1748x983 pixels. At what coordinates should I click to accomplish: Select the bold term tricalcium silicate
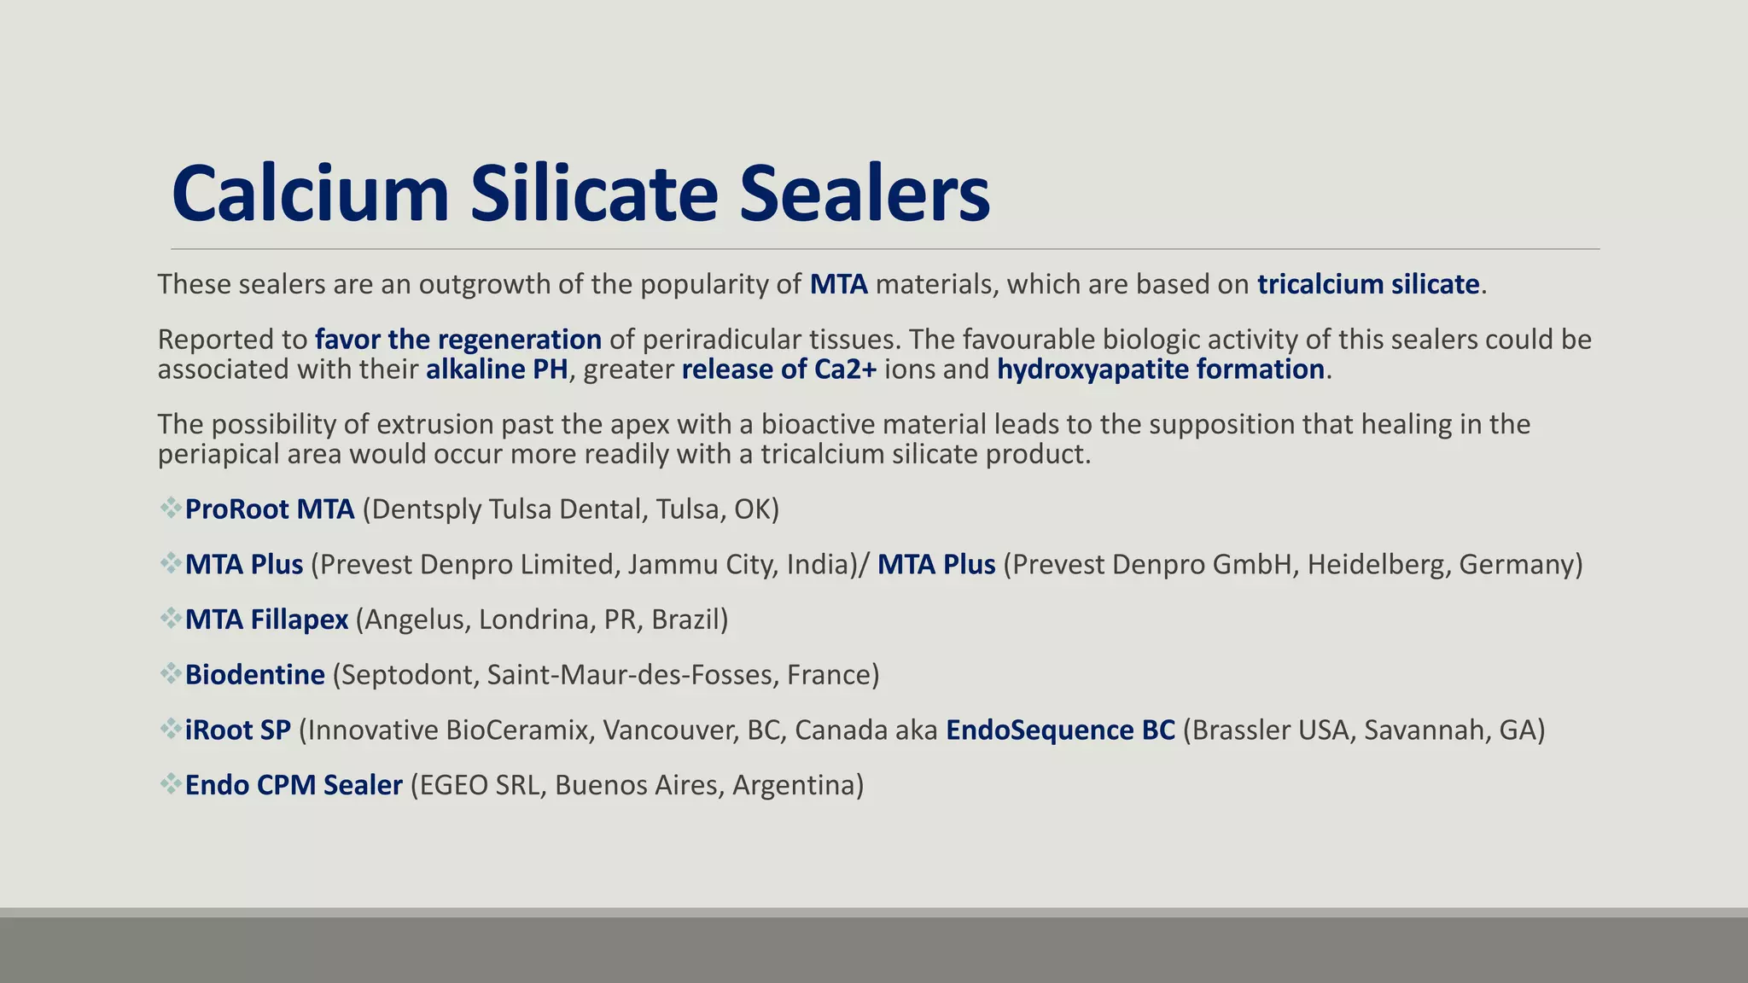click(x=1368, y=284)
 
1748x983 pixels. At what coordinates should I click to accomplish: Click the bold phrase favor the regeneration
click(x=458, y=340)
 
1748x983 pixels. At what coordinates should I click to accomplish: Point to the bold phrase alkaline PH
click(x=497, y=369)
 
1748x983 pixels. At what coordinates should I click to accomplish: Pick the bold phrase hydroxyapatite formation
click(x=1161, y=369)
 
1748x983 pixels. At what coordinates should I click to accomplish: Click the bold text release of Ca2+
click(x=778, y=369)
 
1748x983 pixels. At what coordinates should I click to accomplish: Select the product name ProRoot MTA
click(x=270, y=509)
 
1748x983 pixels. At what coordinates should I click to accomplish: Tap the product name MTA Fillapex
click(x=266, y=619)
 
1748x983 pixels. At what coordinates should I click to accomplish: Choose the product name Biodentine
click(x=255, y=675)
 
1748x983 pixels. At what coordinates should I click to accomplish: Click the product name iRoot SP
click(x=238, y=730)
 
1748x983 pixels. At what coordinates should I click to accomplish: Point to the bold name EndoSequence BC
click(x=1060, y=730)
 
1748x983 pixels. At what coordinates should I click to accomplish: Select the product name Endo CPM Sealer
click(x=294, y=785)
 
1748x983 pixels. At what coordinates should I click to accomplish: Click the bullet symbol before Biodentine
click(x=170, y=674)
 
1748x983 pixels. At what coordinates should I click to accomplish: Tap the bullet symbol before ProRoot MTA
click(x=170, y=509)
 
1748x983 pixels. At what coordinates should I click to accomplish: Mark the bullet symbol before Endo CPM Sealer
click(x=170, y=784)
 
